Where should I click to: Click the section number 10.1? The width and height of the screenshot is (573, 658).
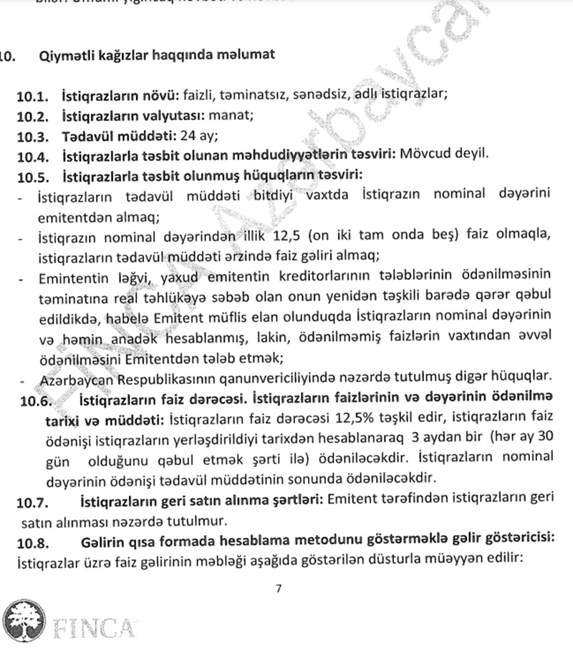pos(34,95)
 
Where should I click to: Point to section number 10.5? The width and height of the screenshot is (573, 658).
pos(34,175)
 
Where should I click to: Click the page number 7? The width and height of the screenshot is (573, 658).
pos(279,589)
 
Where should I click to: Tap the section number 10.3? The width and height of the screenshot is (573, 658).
pos(34,134)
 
